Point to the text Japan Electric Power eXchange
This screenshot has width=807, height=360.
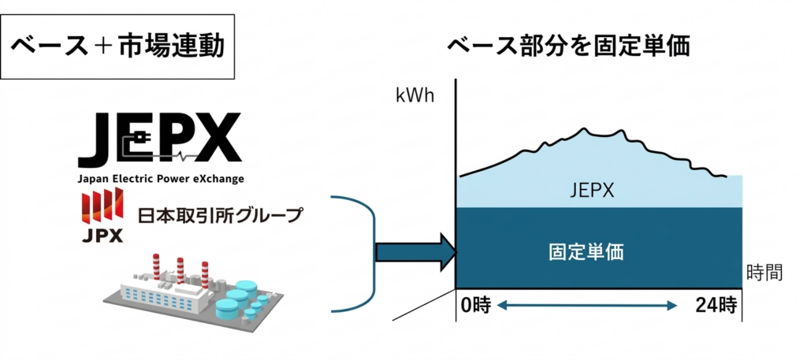pyautogui.click(x=161, y=179)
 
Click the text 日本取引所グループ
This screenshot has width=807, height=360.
pyautogui.click(x=220, y=214)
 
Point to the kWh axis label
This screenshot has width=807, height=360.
pyautogui.click(x=415, y=97)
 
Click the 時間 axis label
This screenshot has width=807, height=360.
pyautogui.click(x=764, y=273)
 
